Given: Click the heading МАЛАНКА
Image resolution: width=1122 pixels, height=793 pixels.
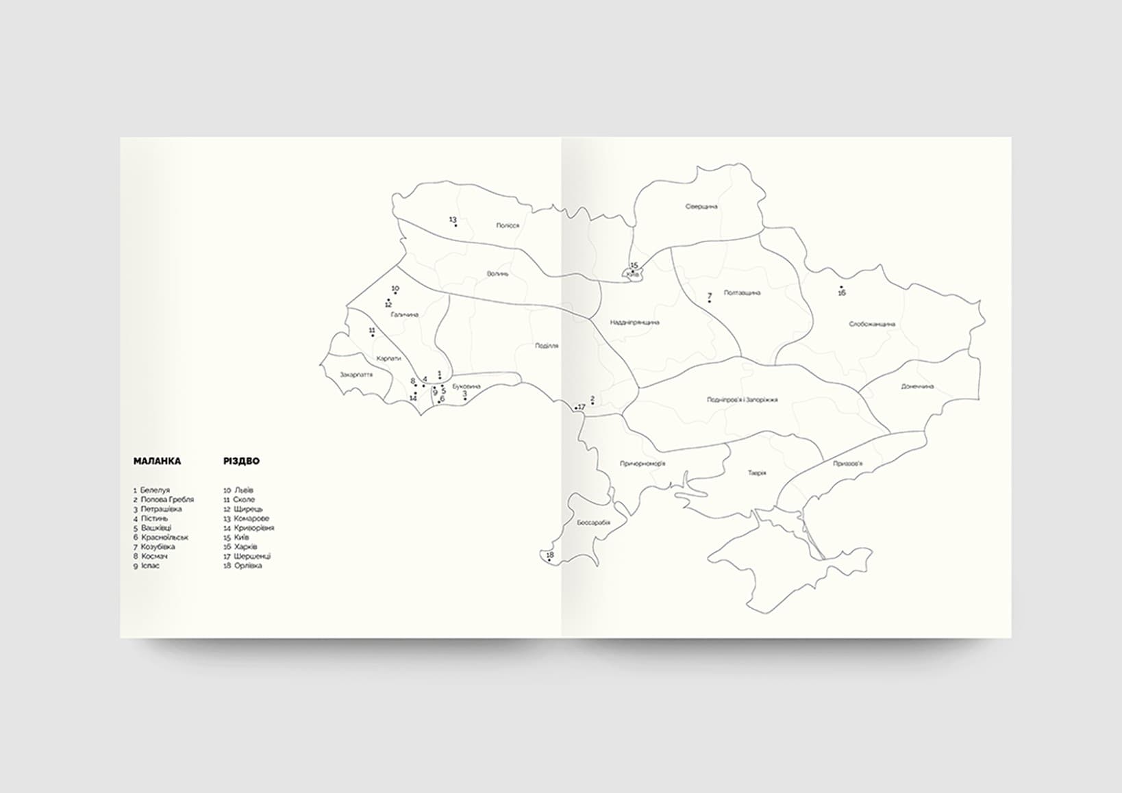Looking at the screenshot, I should click(x=157, y=461).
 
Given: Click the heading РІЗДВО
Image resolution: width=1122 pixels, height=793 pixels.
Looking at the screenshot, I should click(x=241, y=461).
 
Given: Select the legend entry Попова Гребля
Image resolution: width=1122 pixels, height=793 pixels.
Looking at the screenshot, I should click(x=166, y=499).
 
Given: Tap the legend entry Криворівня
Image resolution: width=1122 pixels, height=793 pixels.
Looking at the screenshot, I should click(x=253, y=528).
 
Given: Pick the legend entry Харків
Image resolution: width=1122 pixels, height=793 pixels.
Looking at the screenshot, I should click(x=245, y=546).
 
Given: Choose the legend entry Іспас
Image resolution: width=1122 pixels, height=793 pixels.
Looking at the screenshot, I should click(x=150, y=566).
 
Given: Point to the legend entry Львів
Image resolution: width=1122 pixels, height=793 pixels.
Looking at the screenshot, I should click(x=243, y=490).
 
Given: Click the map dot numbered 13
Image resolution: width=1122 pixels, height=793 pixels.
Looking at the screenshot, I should click(x=456, y=225).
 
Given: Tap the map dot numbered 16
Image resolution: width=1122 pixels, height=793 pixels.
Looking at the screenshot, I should click(x=841, y=287).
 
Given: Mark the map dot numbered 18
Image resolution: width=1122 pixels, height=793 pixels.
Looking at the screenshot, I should click(x=549, y=560).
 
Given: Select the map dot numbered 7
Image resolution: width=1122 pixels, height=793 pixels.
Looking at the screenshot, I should click(x=710, y=301).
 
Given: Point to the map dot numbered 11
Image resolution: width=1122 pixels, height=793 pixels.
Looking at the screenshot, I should click(x=373, y=336).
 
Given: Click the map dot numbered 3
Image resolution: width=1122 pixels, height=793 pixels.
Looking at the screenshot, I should click(x=465, y=399).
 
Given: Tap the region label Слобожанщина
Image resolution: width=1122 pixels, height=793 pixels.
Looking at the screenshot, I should click(x=871, y=324).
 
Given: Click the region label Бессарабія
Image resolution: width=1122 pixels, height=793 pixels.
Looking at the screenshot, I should click(x=593, y=523).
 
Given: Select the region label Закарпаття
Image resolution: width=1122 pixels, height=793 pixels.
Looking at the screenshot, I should click(x=356, y=375).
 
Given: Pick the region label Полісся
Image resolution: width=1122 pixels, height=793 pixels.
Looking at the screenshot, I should click(x=508, y=225).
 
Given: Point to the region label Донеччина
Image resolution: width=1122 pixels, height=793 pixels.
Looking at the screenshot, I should click(x=917, y=386).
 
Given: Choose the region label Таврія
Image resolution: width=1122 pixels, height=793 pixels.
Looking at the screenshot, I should click(x=757, y=473).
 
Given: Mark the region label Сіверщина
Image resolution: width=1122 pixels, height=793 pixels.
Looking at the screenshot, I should click(x=701, y=206).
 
